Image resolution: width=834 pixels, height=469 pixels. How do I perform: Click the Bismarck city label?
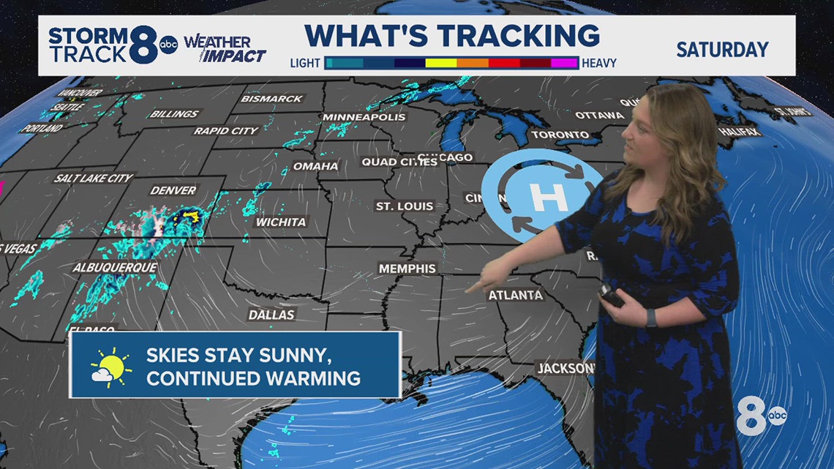coord(272,98)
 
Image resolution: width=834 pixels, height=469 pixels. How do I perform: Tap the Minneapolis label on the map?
coord(364,117)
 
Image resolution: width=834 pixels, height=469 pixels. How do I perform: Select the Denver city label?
coord(173,190)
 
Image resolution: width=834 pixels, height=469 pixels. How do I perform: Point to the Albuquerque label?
coord(115,268)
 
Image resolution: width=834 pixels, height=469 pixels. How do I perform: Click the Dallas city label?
coord(271,315)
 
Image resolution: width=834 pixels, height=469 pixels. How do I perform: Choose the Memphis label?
coord(407,269)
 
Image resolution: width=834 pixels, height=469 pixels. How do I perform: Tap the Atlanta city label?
coord(516,295)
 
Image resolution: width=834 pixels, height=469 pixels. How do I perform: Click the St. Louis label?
coord(405,206)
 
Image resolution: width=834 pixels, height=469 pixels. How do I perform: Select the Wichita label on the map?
coord(281,221)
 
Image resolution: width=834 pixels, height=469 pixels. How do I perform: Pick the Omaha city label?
coord(316,166)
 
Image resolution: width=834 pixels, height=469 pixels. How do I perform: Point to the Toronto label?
coord(560,135)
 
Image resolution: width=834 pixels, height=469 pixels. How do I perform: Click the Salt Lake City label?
coord(94,178)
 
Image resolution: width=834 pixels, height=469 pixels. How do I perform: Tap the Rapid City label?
coord(226,130)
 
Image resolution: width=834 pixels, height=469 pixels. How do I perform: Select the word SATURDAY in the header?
coord(722,50)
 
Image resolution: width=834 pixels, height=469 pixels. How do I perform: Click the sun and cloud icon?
coord(110,367)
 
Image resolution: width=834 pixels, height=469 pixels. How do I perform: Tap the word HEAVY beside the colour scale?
coord(599,63)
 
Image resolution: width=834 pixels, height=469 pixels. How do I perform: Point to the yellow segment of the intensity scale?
coord(441,63)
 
